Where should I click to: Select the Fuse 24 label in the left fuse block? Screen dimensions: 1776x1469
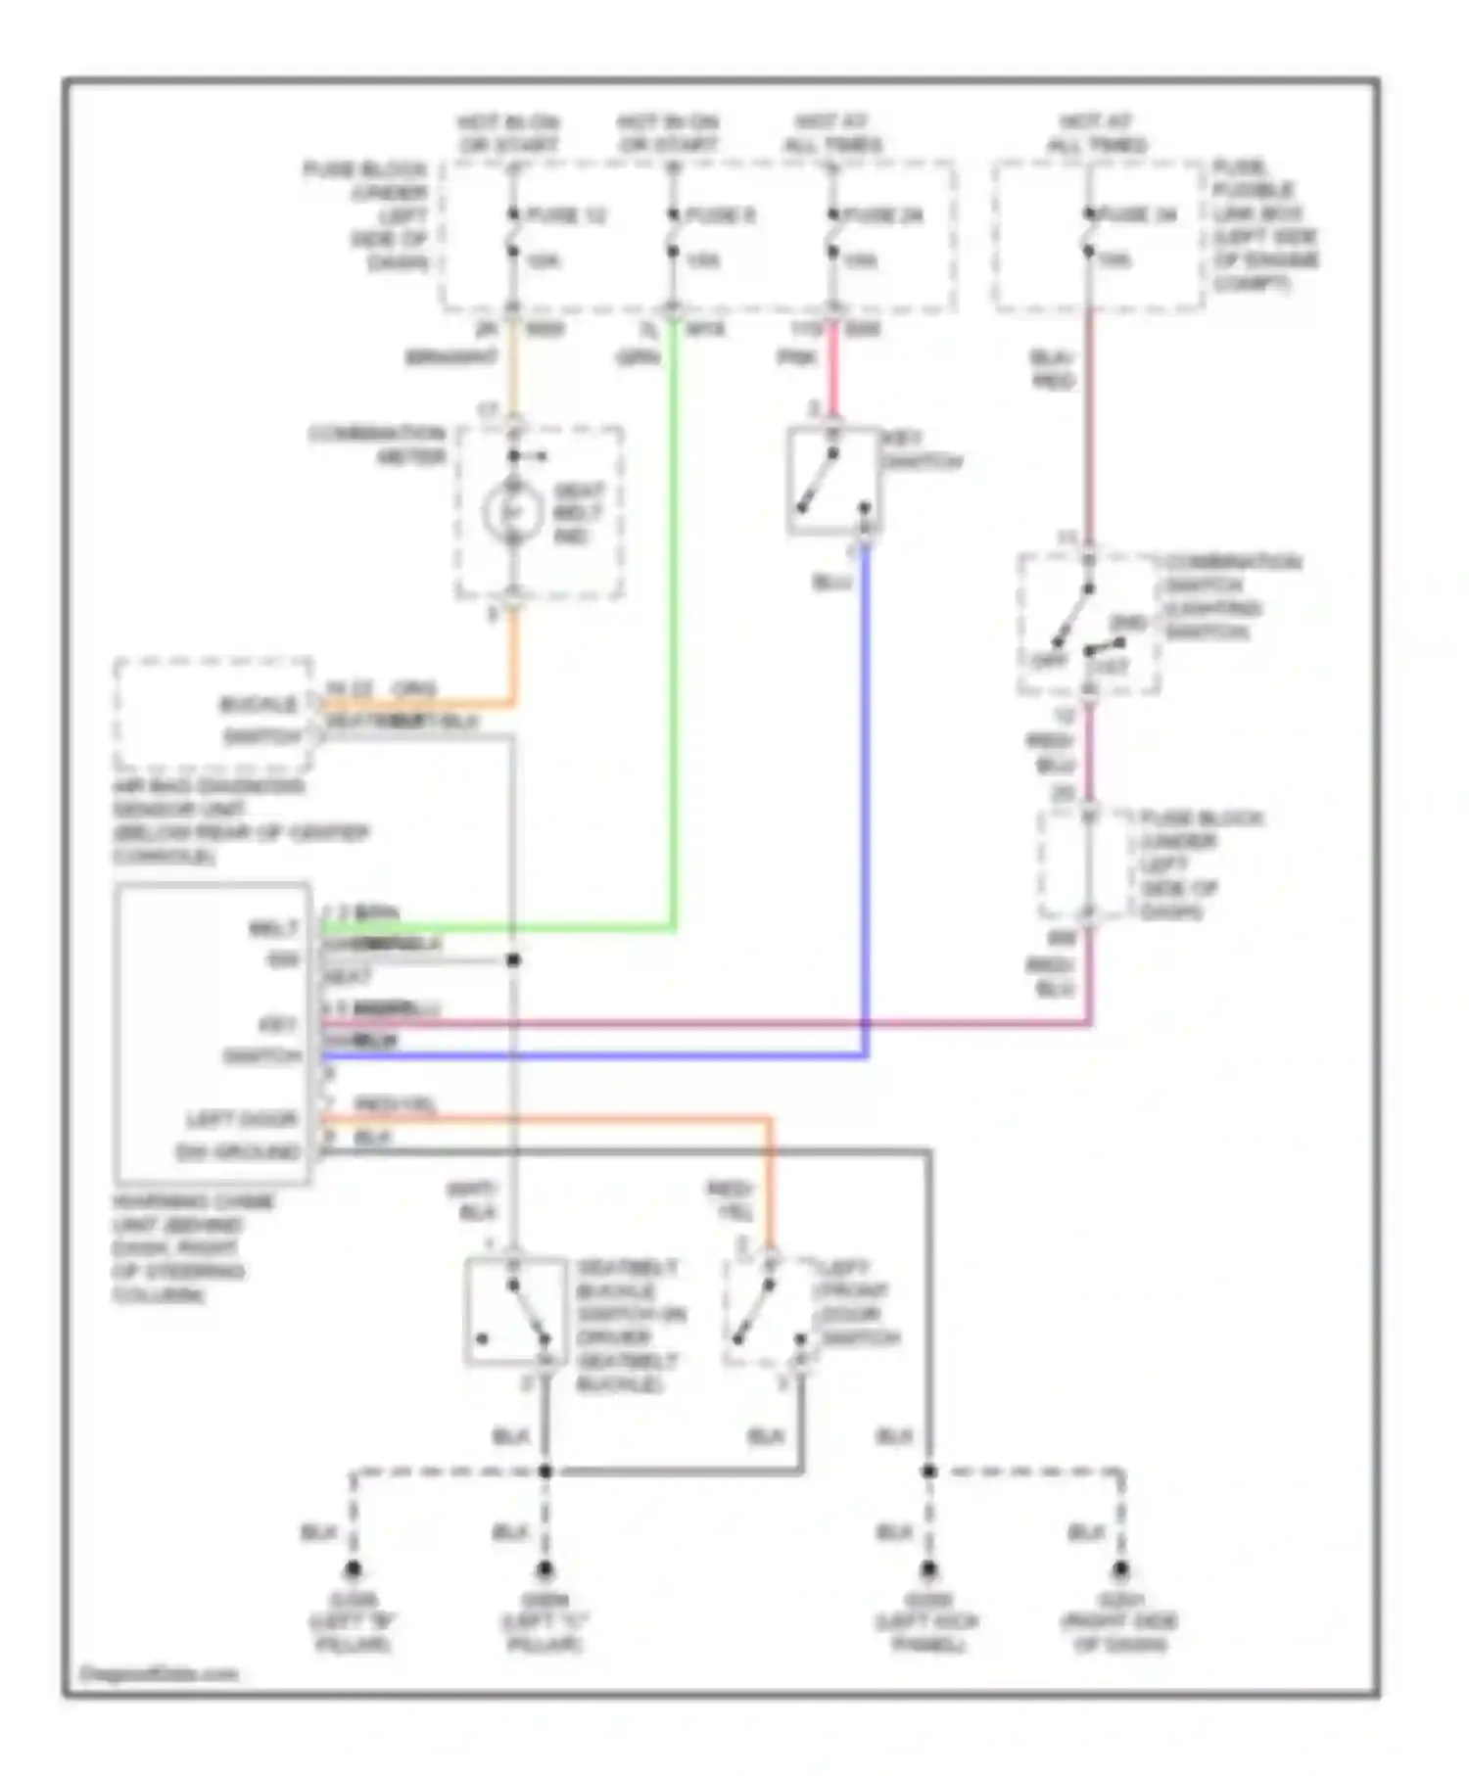click(x=885, y=214)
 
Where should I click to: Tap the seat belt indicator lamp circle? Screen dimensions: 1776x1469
click(x=512, y=512)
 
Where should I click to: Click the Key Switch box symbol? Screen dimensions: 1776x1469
click(x=832, y=481)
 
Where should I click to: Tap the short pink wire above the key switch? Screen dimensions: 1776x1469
click(x=832, y=372)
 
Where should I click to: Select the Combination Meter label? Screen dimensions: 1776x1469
click(x=378, y=444)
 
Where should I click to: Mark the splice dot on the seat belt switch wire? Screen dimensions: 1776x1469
click(x=513, y=960)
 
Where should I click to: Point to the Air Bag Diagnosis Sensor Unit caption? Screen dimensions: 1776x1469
click(x=240, y=820)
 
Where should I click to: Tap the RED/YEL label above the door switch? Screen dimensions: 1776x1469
click(x=731, y=1199)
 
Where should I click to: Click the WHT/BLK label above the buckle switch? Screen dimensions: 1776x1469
click(x=472, y=1199)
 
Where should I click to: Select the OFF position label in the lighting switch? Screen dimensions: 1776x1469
click(x=1047, y=660)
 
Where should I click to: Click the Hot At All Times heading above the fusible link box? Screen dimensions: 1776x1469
click(x=1097, y=133)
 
